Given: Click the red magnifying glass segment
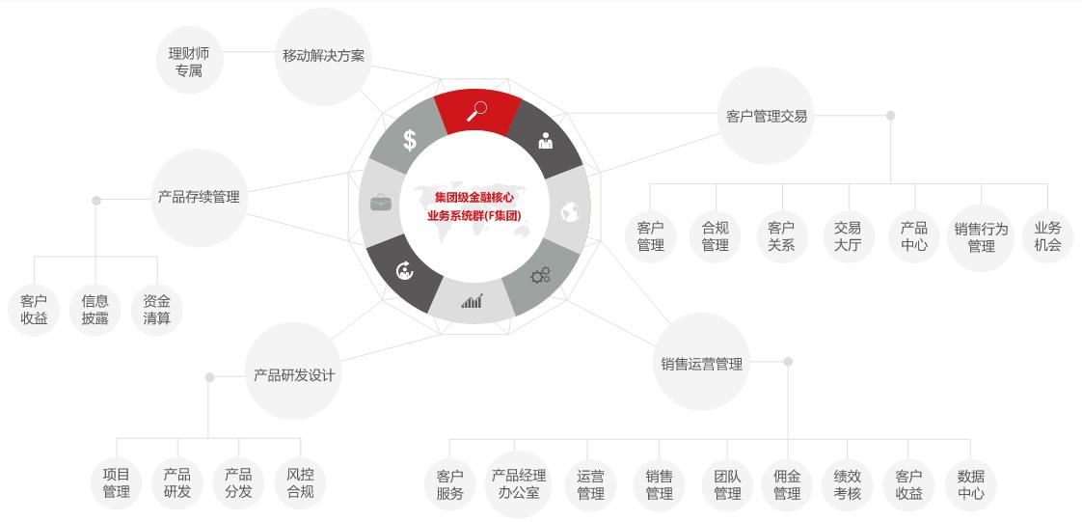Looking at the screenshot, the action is point(476,112).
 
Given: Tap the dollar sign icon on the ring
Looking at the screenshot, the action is point(410,140).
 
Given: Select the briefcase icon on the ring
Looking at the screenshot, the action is point(381,203).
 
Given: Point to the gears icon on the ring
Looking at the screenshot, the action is point(540,275).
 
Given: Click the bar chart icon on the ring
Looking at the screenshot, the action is point(472,301).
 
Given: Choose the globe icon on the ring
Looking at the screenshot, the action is point(569,212).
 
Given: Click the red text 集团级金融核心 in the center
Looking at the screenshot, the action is point(474,198).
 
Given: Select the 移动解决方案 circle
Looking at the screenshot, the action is point(324,57).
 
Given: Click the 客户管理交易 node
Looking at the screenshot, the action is point(767,116).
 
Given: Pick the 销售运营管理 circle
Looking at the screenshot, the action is point(701,362).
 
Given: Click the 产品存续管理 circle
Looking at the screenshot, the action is point(199,198).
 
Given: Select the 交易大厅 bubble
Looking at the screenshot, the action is point(848,236).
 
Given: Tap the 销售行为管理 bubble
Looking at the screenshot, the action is point(981,237).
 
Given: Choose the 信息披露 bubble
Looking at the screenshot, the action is point(95,310).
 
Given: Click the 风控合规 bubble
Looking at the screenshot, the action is point(300,483).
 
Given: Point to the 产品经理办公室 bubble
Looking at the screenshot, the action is point(518,484).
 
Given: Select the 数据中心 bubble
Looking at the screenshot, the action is point(971,484).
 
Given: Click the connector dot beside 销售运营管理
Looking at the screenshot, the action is point(788,362).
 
